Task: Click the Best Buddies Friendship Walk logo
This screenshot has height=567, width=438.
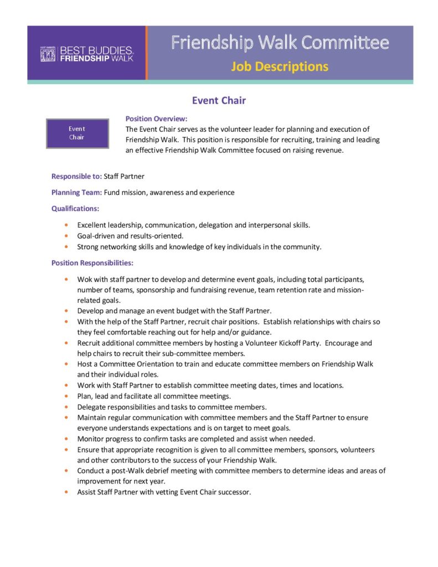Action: pos(86,54)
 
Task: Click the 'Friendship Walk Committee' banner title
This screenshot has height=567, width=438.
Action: pos(280,43)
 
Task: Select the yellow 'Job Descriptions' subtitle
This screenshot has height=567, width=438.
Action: pos(280,67)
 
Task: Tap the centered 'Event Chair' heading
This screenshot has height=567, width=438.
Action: pos(219,100)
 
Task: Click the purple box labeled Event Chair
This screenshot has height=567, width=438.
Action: pos(77,133)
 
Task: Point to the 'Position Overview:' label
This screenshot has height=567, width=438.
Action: pos(156,118)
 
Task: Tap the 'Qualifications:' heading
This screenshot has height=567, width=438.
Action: pos(75,208)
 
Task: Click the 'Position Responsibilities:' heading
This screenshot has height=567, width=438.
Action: pos(92,262)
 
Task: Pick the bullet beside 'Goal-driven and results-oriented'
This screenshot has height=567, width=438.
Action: pos(66,236)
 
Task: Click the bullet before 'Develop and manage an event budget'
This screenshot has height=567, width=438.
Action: pos(66,311)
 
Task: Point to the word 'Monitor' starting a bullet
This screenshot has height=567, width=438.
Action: pos(91,439)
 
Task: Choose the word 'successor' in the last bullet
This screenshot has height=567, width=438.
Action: pos(234,492)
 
